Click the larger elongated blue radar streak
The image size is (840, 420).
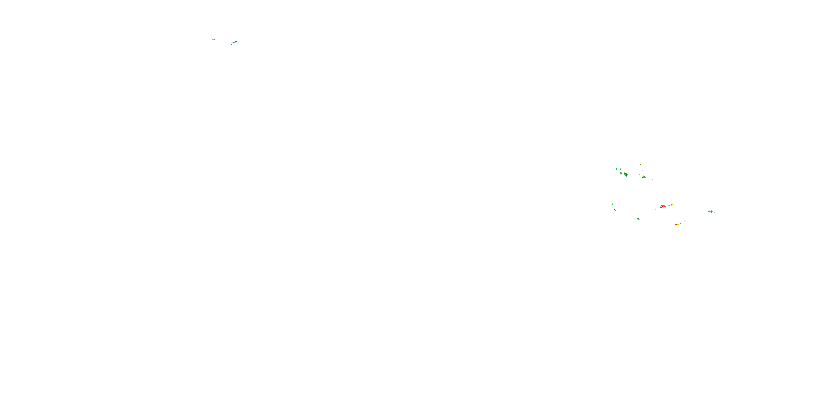coord(234,42)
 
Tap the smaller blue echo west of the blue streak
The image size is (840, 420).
coord(214,39)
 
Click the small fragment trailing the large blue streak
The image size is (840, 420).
coord(231,44)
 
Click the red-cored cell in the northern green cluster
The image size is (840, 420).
coord(644,177)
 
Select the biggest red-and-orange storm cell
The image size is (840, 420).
coord(663,206)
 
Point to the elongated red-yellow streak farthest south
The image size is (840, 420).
coord(678,224)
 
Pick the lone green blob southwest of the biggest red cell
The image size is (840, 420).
coord(638,219)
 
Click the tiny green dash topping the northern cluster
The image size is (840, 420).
coord(642,160)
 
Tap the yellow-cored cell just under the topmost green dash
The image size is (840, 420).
coord(640,165)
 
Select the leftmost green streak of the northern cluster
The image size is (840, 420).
coord(617,169)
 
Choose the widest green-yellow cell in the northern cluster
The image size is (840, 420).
coord(626,174)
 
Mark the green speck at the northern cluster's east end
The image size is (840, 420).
coord(652,179)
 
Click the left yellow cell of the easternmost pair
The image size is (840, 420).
coord(710,212)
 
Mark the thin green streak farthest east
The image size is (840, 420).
coord(714,212)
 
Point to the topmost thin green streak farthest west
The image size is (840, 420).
coord(613,205)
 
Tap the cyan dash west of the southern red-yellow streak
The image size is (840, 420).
coord(662,226)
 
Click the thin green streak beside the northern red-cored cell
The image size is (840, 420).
coord(639,175)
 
